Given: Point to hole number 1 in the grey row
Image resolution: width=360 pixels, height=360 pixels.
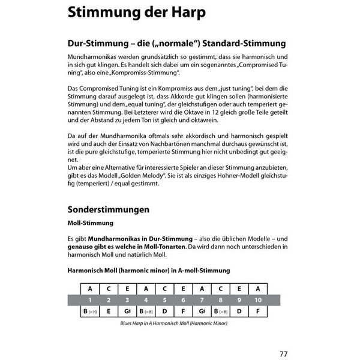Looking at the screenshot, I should click(x=90, y=299).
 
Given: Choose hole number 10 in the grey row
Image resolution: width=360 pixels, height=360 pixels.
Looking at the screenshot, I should click(x=257, y=299).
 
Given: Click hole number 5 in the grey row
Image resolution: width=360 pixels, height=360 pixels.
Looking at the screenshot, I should click(x=164, y=299).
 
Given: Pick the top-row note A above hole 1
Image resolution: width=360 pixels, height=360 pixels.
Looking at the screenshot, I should click(x=90, y=287).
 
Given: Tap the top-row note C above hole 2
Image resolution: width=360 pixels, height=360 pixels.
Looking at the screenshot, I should click(x=109, y=287).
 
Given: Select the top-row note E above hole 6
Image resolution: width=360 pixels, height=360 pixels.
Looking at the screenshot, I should click(x=183, y=287).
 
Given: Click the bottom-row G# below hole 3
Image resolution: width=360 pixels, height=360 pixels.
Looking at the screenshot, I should click(x=127, y=311).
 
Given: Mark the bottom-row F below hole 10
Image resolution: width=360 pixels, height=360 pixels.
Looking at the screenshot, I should click(x=257, y=311).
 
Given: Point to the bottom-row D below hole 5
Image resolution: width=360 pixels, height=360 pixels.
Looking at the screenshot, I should click(x=164, y=311).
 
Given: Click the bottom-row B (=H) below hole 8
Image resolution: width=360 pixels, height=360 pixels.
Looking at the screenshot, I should click(x=220, y=311).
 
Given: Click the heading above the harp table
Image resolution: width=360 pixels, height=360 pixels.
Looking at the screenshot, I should click(x=142, y=271).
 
